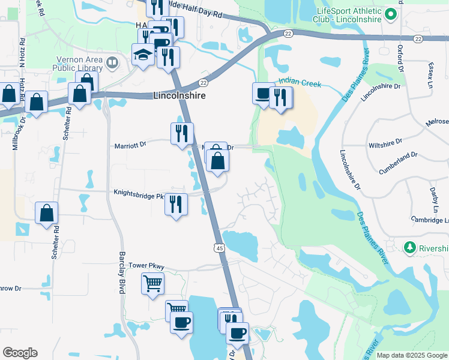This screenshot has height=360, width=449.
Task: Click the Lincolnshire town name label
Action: pyautogui.click(x=179, y=96)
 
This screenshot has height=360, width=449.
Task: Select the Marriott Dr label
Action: pyautogui.click(x=130, y=145)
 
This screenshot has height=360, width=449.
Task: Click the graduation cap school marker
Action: pyautogui.click(x=143, y=56)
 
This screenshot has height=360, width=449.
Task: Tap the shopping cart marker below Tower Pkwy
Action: pyautogui.click(x=152, y=282)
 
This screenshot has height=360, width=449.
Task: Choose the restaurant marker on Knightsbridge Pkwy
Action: pyautogui.click(x=176, y=205)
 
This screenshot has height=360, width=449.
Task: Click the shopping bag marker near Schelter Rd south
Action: pyautogui.click(x=46, y=213)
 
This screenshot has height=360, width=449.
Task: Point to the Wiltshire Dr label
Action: pyautogui.click(x=384, y=145)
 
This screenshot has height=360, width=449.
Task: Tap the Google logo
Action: pyautogui.click(x=20, y=353)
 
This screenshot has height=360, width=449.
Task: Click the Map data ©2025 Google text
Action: pyautogui.click(x=411, y=355)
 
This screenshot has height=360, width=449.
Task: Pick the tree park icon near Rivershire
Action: pyautogui.click(x=410, y=247)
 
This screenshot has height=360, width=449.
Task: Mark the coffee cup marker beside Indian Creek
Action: pyautogui.click(x=262, y=94)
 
